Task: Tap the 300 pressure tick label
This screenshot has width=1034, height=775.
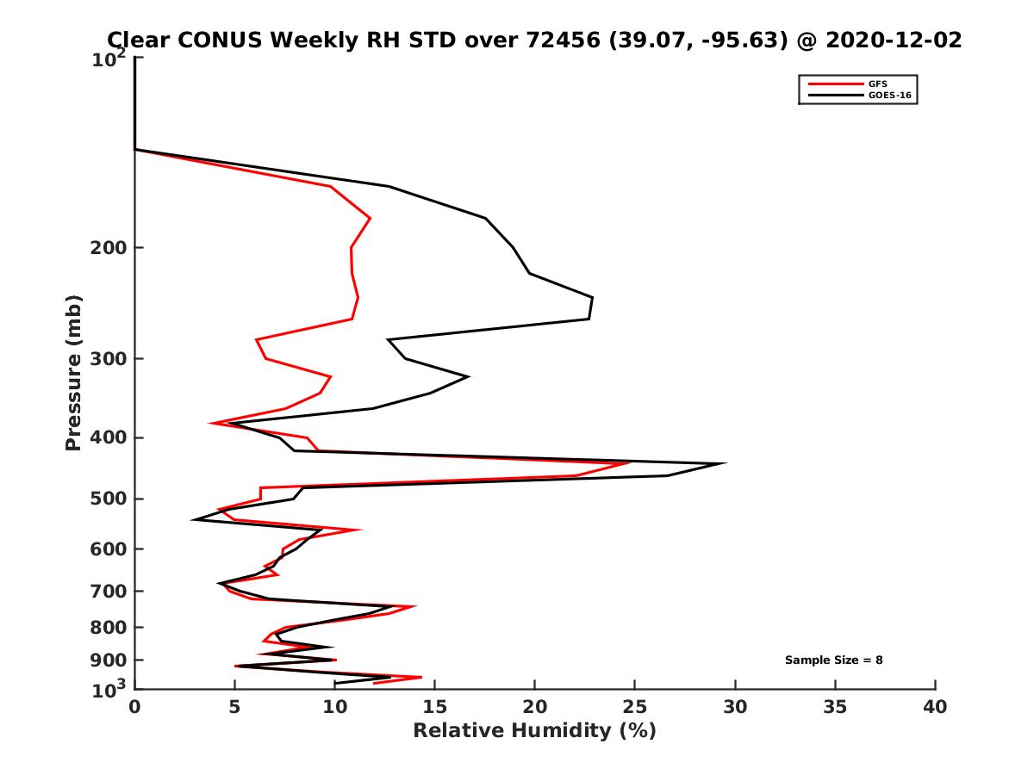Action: [x=110, y=359]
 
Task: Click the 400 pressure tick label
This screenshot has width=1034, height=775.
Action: [x=110, y=437]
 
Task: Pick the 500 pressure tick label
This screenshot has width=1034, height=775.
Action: [x=110, y=499]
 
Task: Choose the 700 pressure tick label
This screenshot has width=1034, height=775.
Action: [x=110, y=591]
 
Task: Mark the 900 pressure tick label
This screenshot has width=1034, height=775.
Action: [x=110, y=660]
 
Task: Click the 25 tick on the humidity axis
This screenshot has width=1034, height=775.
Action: [x=635, y=707]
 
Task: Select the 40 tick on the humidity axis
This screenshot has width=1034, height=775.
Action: [x=935, y=707]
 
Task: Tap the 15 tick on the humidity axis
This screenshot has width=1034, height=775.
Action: [x=434, y=707]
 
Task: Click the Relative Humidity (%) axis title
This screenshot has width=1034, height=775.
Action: [x=534, y=731]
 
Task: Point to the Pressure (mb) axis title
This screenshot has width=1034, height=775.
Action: [x=73, y=372]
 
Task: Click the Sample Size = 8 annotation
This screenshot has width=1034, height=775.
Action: [x=833, y=660]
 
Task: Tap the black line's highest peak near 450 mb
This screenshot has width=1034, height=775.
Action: [x=726, y=463]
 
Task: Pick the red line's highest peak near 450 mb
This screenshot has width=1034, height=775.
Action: [x=631, y=462]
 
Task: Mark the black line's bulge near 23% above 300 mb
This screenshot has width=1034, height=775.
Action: [x=592, y=299]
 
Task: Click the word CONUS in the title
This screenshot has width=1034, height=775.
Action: [x=208, y=40]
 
